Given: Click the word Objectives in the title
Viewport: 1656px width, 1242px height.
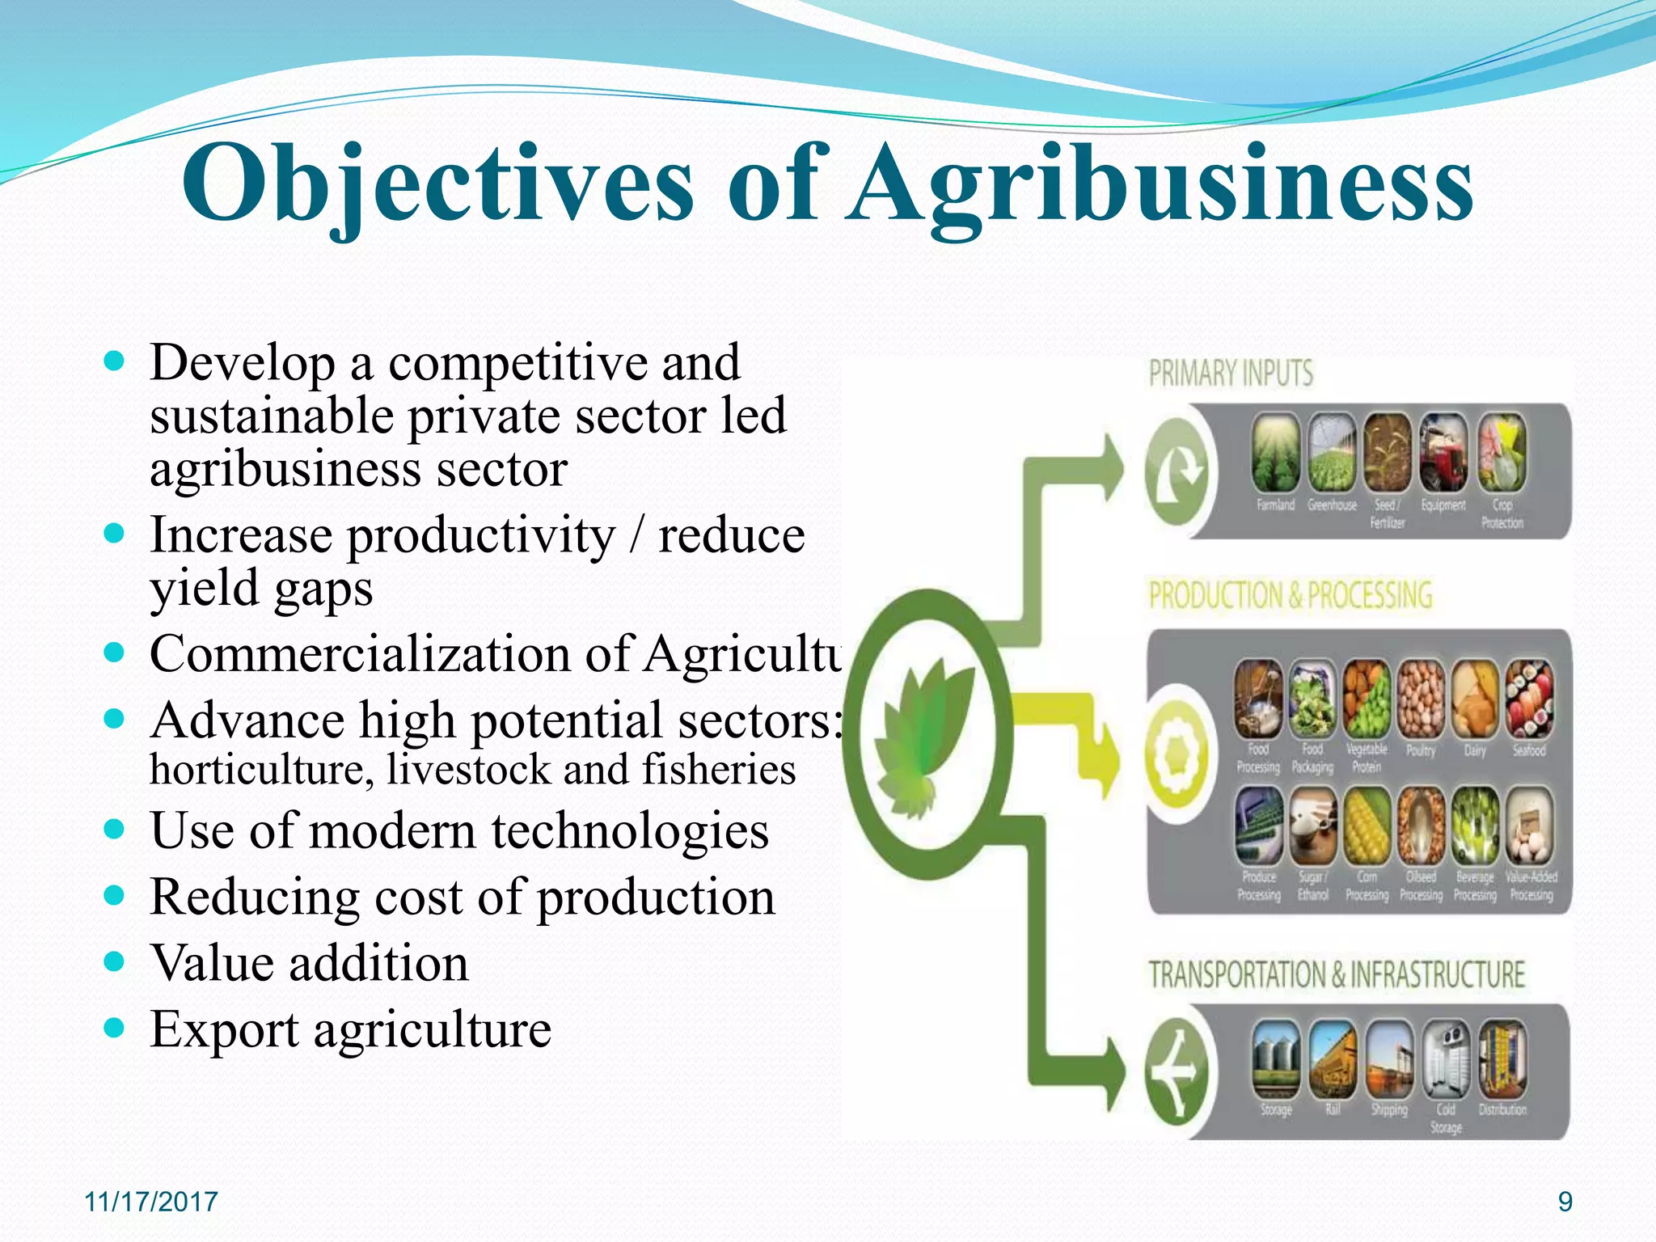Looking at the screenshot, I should click(x=437, y=184).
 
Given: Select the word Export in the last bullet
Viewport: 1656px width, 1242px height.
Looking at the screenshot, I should click(x=224, y=1030).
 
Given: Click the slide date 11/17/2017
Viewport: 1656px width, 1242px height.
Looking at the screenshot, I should click(x=151, y=1202).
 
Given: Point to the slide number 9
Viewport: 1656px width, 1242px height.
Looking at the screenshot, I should click(x=1565, y=1202).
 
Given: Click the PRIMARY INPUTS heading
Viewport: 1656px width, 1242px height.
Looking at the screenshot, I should click(x=1231, y=374).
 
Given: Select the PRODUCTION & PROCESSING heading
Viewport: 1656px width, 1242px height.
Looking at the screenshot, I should click(x=1291, y=595).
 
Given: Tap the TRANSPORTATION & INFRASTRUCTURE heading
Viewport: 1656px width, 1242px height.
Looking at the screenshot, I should click(x=1337, y=974).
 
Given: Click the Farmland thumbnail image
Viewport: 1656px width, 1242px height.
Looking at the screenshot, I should click(x=1276, y=453).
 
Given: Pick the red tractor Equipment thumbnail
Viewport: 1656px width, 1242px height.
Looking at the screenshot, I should click(x=1444, y=453).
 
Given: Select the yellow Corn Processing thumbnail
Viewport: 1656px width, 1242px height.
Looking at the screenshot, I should click(x=1367, y=826).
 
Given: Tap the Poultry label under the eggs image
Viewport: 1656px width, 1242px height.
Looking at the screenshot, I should click(x=1421, y=751).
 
